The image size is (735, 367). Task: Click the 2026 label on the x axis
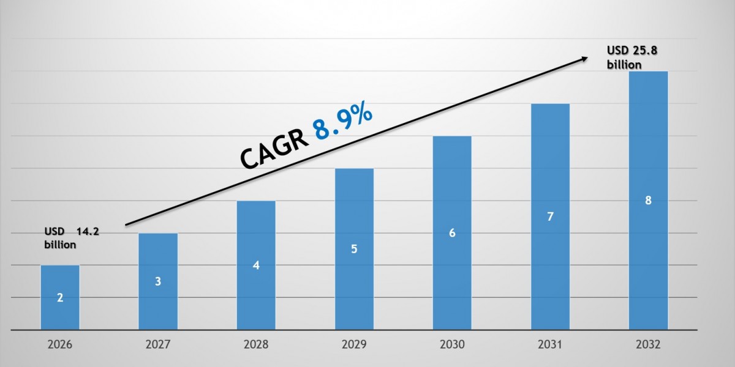point(60,345)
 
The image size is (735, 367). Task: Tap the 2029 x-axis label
point(354,345)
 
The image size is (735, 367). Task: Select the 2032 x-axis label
point(648,345)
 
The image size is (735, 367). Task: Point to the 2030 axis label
point(452,345)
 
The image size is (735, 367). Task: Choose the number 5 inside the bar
point(354,249)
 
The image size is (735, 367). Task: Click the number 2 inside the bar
point(60,298)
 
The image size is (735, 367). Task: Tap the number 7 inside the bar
point(550,216)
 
